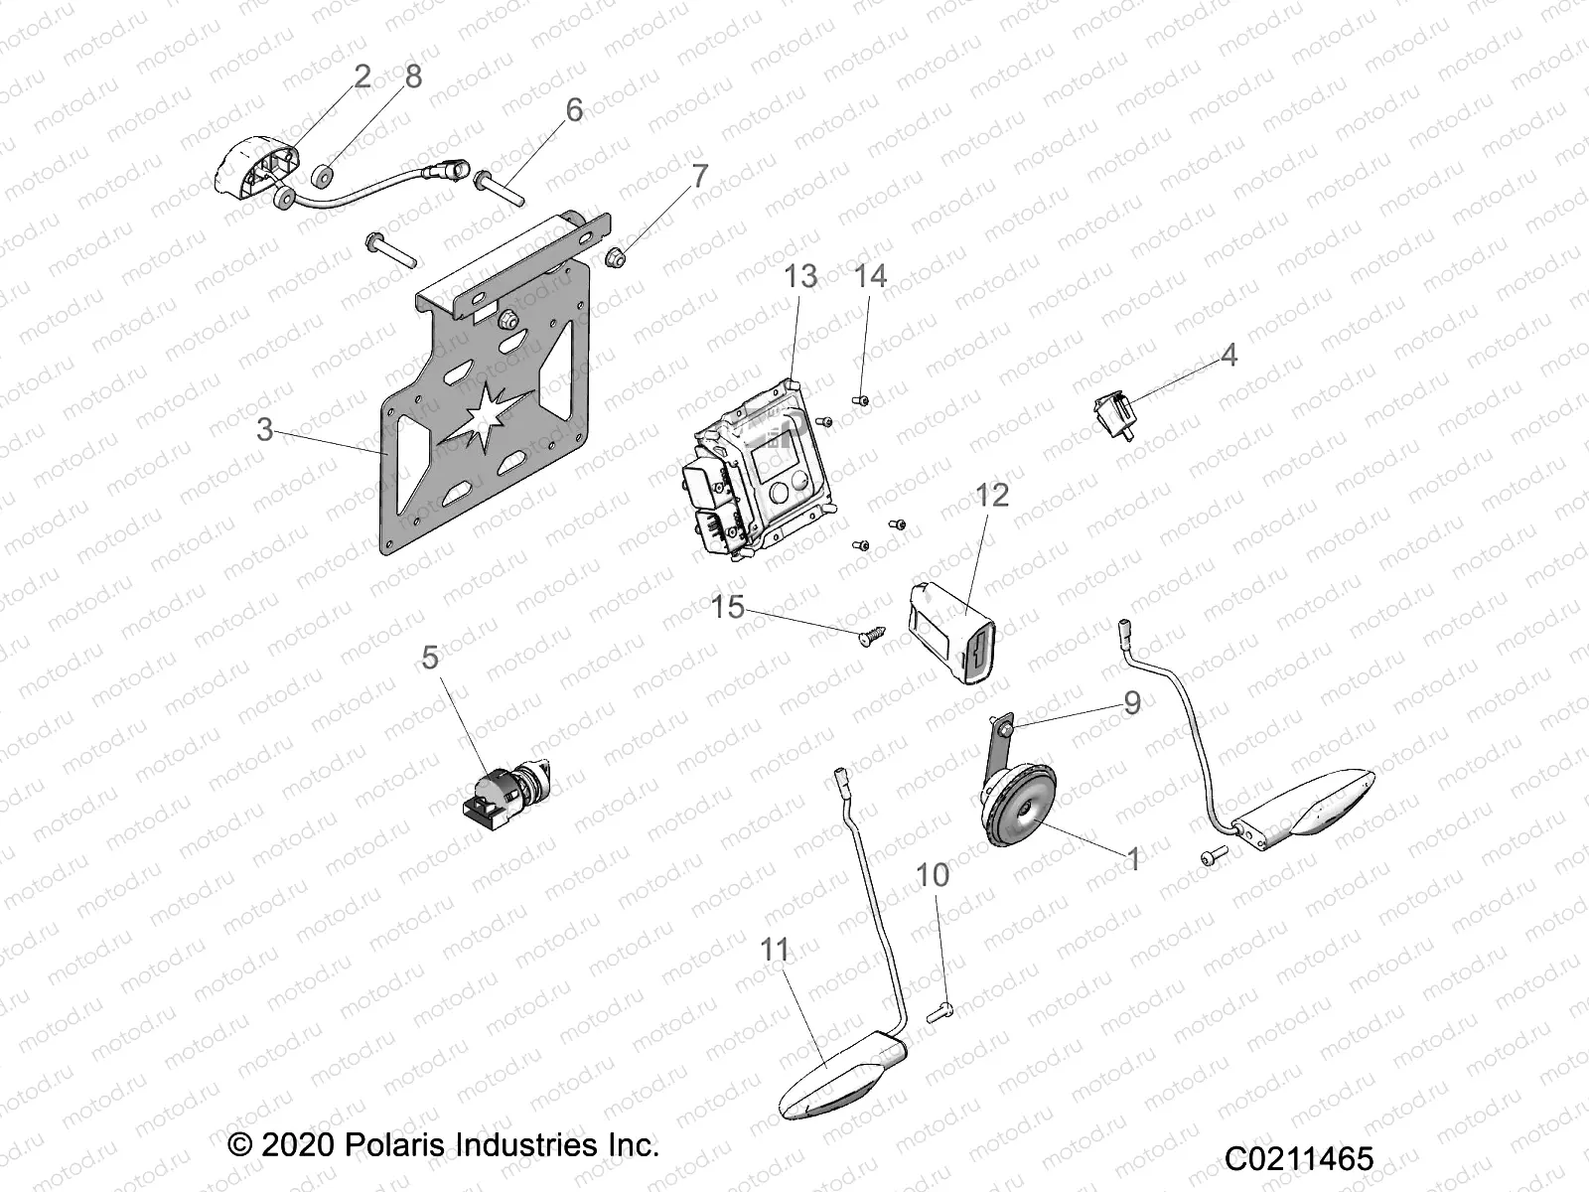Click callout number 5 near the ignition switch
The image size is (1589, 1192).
click(429, 658)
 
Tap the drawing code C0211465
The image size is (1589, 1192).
click(1298, 1158)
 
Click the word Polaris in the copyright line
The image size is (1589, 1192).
click(395, 1144)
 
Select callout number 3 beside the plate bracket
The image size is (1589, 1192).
click(264, 429)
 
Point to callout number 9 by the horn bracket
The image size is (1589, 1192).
click(1131, 703)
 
